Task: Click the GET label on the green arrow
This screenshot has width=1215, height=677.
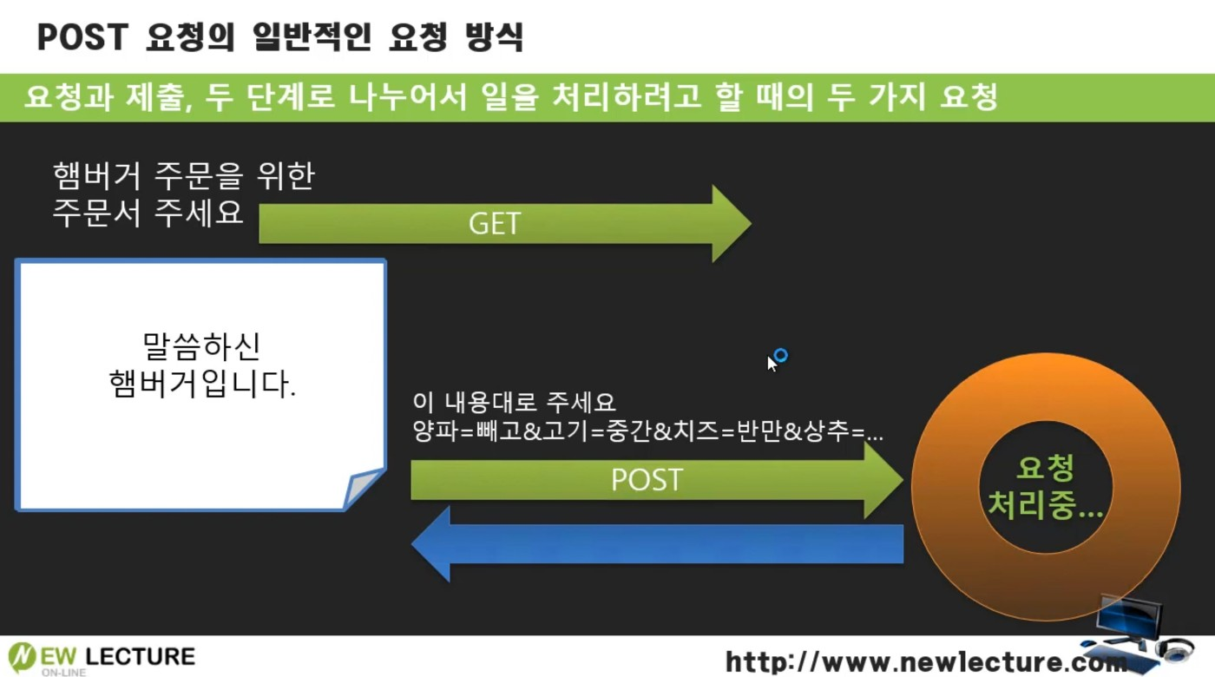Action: [494, 223]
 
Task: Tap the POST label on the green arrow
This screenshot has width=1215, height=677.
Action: [647, 480]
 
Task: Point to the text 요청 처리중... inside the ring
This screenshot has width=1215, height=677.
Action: [1045, 489]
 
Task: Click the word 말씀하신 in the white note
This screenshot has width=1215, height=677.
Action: [201, 346]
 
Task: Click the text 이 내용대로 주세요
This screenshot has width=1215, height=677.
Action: [514, 403]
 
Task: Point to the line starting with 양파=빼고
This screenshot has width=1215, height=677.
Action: [647, 432]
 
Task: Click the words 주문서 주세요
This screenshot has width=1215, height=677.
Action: [148, 213]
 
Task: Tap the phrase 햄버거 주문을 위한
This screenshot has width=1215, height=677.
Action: [183, 176]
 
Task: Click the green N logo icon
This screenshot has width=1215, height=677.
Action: [23, 656]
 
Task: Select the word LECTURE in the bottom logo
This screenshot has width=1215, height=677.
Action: [141, 655]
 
